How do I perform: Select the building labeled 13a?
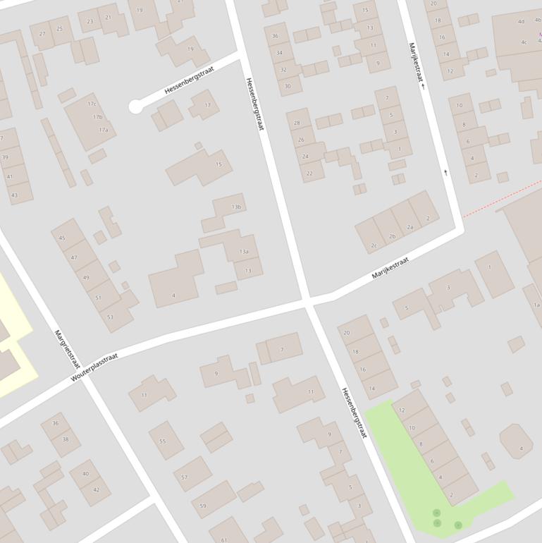click(x=244, y=251)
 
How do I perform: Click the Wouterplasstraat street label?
click(x=94, y=367)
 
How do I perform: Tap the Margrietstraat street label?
click(x=68, y=348)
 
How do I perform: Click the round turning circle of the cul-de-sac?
click(x=136, y=107)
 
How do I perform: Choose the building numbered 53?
click(x=110, y=317)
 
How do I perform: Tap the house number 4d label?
click(x=522, y=21)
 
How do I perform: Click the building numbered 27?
click(x=42, y=33)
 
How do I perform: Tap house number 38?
click(x=66, y=439)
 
